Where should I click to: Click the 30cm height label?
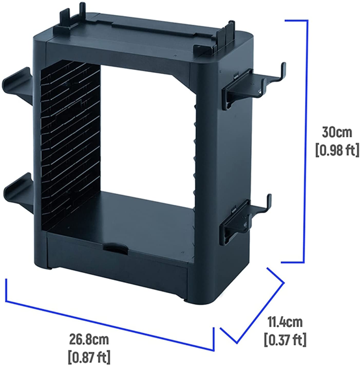pos(337,133)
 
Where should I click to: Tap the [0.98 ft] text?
pos(337,150)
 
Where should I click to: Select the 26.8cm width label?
pos(89,339)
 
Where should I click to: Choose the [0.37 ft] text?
pos(285,339)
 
